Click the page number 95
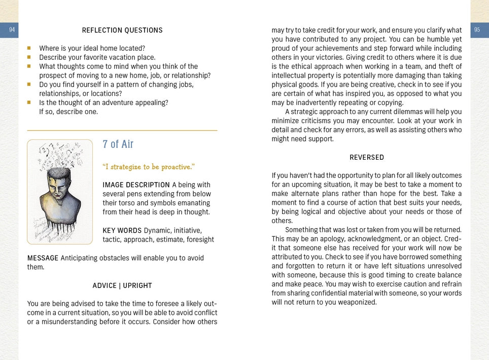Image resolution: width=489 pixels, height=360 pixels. [477, 30]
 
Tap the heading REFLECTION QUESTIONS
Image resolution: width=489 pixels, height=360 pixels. [122, 30]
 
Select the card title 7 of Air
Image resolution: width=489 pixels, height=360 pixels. [118, 145]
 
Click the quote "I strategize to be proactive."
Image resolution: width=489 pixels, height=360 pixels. [149, 167]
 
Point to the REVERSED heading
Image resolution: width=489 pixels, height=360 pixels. [367, 157]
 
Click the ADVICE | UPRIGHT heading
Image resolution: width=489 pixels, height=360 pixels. [122, 285]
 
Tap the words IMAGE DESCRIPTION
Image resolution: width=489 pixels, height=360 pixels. [136, 185]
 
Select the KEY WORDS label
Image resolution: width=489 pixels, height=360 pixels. [122, 230]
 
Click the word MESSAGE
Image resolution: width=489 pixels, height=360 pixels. [43, 258]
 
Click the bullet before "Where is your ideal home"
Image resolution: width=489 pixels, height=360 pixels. [29, 49]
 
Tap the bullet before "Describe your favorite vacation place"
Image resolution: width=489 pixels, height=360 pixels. [29, 57]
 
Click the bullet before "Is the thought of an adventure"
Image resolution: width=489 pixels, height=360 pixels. [29, 102]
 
